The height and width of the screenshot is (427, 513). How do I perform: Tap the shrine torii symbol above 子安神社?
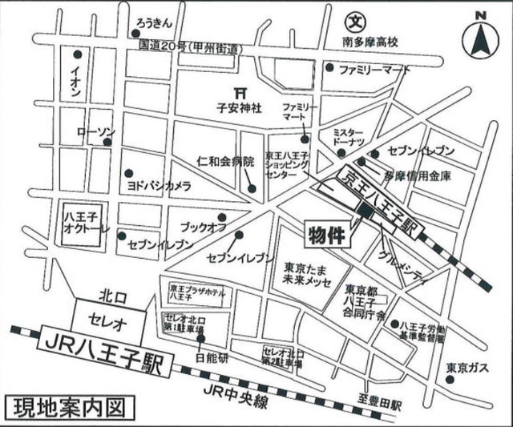[x=236, y=91]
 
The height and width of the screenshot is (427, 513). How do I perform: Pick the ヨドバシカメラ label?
[x=159, y=185]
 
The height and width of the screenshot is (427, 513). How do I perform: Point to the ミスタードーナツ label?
[x=346, y=136]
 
